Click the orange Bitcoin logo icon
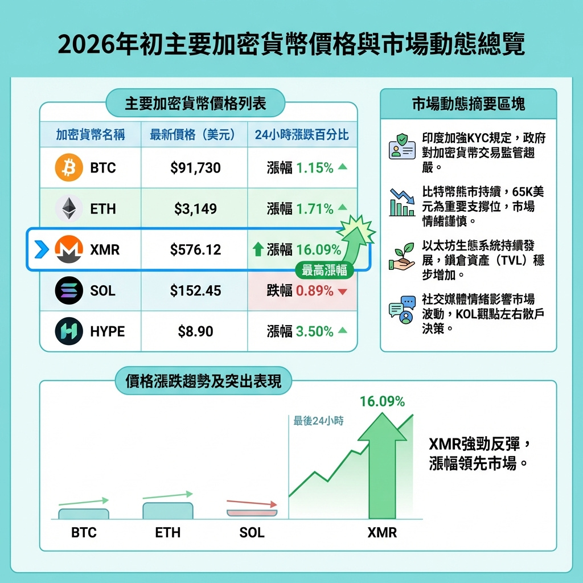(x=69, y=168)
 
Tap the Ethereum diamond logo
(x=69, y=208)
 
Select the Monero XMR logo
(x=69, y=249)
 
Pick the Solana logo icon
(x=69, y=290)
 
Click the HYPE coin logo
(x=69, y=331)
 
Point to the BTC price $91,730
(x=195, y=168)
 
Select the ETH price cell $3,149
(x=195, y=209)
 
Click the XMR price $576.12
(x=195, y=249)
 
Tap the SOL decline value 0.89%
(x=314, y=291)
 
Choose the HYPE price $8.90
(x=195, y=331)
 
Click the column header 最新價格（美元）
(x=193, y=136)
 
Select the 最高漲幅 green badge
(x=324, y=270)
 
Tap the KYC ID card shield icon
(x=402, y=146)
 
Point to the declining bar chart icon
(x=402, y=202)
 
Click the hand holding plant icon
(x=402, y=258)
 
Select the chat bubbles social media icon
(x=402, y=310)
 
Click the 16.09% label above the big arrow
(x=382, y=401)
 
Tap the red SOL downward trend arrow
(x=252, y=503)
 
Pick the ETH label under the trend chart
(x=167, y=533)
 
